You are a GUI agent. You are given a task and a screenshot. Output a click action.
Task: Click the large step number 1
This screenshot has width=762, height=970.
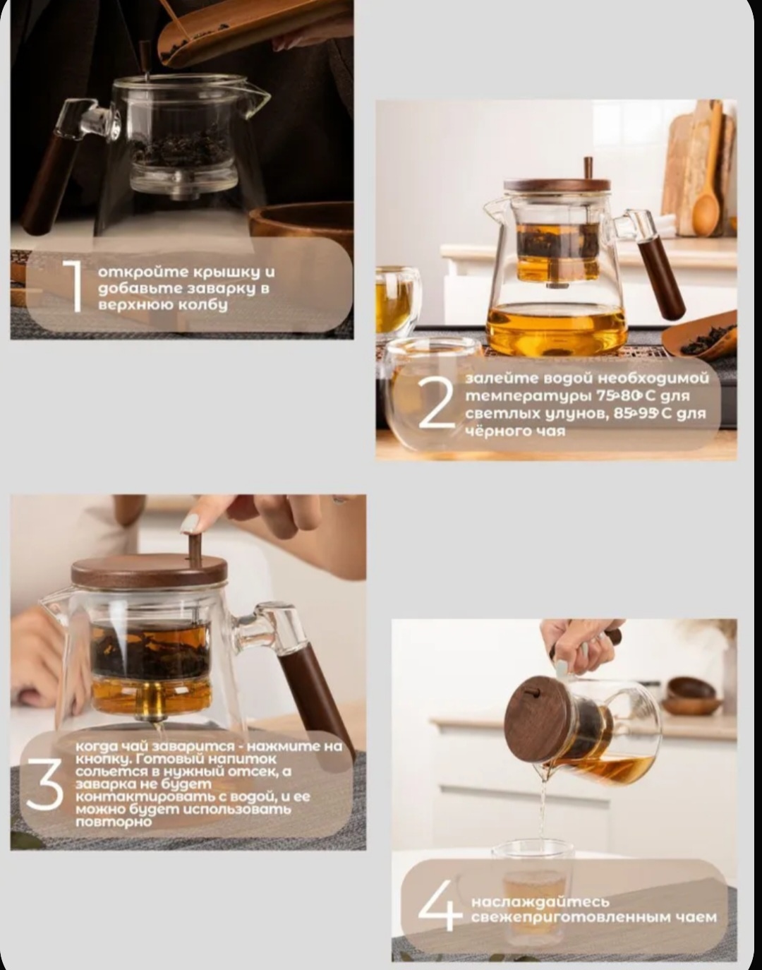click(73, 286)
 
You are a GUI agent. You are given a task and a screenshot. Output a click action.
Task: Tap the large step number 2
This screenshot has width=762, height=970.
click(436, 402)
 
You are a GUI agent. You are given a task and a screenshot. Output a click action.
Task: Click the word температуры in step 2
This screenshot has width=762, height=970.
click(528, 396)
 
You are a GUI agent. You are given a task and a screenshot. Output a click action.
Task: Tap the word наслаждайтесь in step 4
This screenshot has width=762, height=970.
click(540, 902)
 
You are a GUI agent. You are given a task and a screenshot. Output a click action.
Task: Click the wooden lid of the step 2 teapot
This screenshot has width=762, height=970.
click(557, 185)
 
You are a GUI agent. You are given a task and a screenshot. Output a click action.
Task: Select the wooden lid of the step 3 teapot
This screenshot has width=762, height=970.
click(150, 570)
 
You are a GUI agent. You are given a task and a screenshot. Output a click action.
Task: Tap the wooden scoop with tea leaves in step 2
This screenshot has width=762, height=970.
click(699, 335)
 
